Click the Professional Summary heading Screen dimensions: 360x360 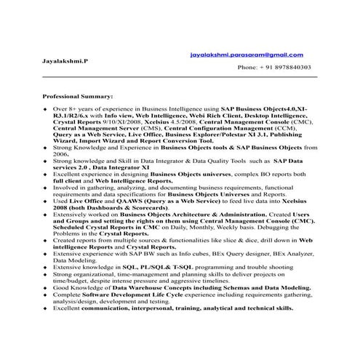click(78, 97)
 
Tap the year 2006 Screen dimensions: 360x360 click(60, 155)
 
